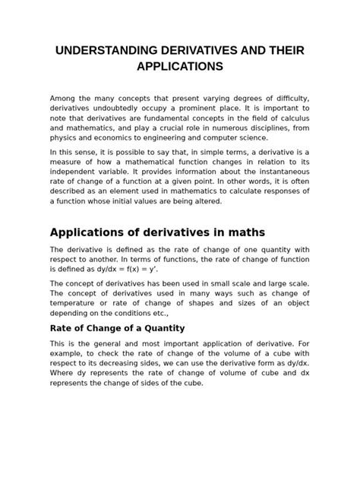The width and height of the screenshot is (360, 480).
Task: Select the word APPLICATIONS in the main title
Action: [x=180, y=67]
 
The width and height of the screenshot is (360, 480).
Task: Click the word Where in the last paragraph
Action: [x=64, y=374]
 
